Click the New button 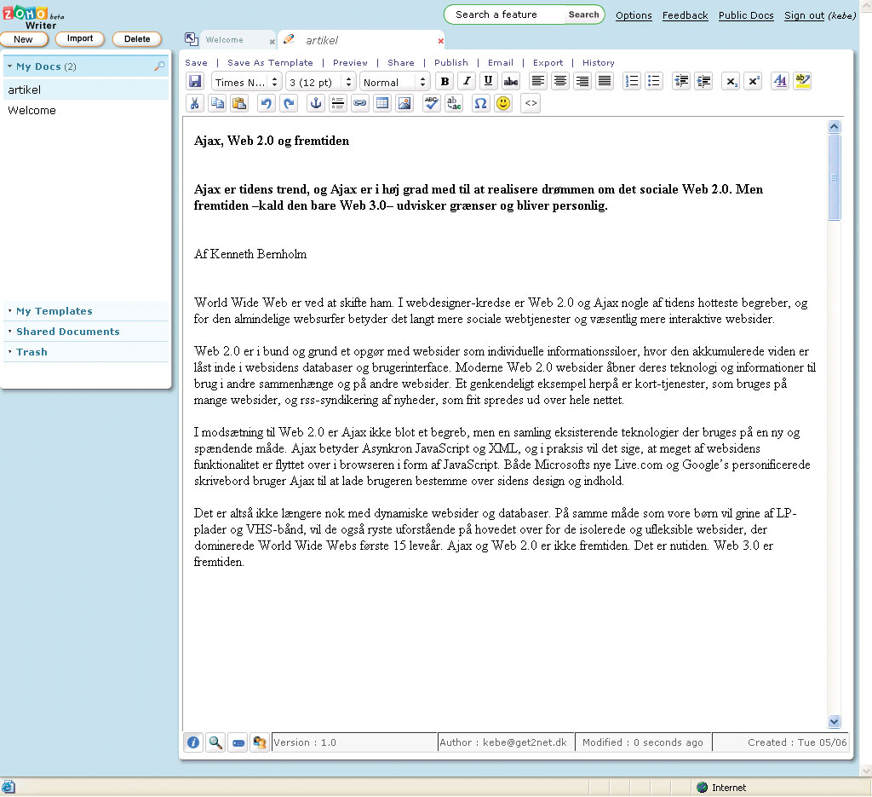tap(23, 39)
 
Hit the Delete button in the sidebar tap(136, 39)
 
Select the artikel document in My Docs tap(25, 90)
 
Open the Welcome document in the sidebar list tap(32, 110)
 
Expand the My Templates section tap(54, 311)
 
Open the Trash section tap(32, 352)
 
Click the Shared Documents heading tap(67, 332)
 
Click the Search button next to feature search tap(583, 14)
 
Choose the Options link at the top tap(634, 15)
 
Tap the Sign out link tap(804, 15)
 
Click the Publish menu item tap(450, 62)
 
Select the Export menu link tap(548, 62)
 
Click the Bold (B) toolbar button tap(445, 82)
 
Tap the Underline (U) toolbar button tap(488, 82)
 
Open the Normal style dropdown tap(394, 82)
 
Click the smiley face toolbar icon tap(503, 103)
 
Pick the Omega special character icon tap(480, 103)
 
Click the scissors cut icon tap(194, 103)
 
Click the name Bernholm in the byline tap(280, 254)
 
